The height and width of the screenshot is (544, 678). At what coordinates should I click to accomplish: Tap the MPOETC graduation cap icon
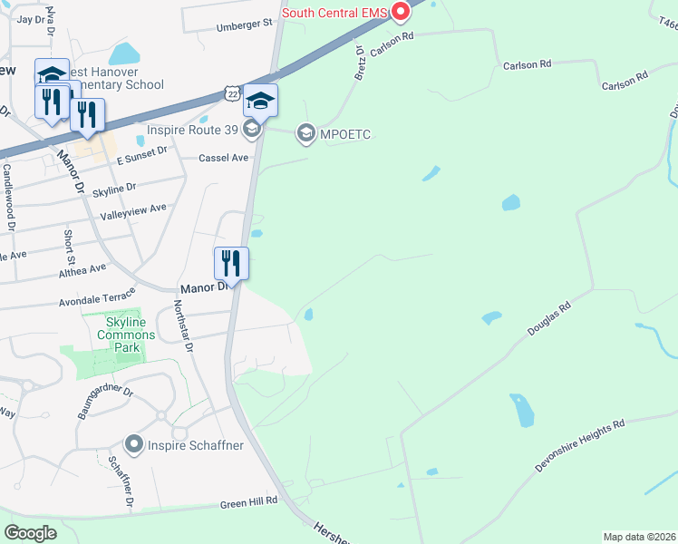(305, 134)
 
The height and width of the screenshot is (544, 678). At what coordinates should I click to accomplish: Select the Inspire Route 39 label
(194, 131)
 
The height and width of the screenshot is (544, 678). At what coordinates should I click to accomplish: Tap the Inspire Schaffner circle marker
(135, 444)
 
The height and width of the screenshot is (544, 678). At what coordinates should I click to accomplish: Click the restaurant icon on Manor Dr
(230, 264)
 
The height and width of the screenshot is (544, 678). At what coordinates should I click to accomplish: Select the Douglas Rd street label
(549, 321)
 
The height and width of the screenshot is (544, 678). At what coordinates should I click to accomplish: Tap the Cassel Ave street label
(223, 158)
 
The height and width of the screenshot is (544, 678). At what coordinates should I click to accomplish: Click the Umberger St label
(244, 26)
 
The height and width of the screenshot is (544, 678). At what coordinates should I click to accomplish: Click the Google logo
(31, 533)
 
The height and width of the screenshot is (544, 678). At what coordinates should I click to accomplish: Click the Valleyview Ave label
(133, 210)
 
